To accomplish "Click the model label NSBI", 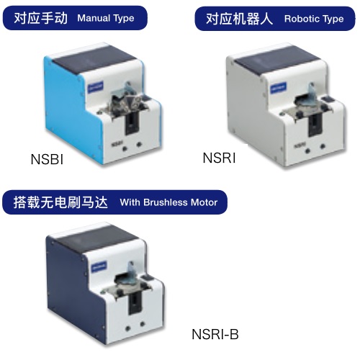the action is [x=47, y=159].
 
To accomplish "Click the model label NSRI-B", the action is [x=215, y=334].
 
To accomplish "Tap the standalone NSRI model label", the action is [x=219, y=158].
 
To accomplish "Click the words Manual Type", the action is [x=106, y=18].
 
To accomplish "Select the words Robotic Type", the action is [x=314, y=19].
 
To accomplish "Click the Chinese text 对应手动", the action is [x=40, y=18].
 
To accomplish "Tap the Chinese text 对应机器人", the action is [x=239, y=19].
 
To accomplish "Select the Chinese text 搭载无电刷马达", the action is [x=60, y=202].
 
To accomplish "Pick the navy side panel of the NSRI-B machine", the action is [x=72, y=286].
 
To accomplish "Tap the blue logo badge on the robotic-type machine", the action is [x=278, y=88].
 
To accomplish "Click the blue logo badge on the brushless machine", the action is [x=99, y=266].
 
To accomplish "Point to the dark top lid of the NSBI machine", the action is [x=94, y=59].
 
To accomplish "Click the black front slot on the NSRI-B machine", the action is [x=135, y=303].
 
